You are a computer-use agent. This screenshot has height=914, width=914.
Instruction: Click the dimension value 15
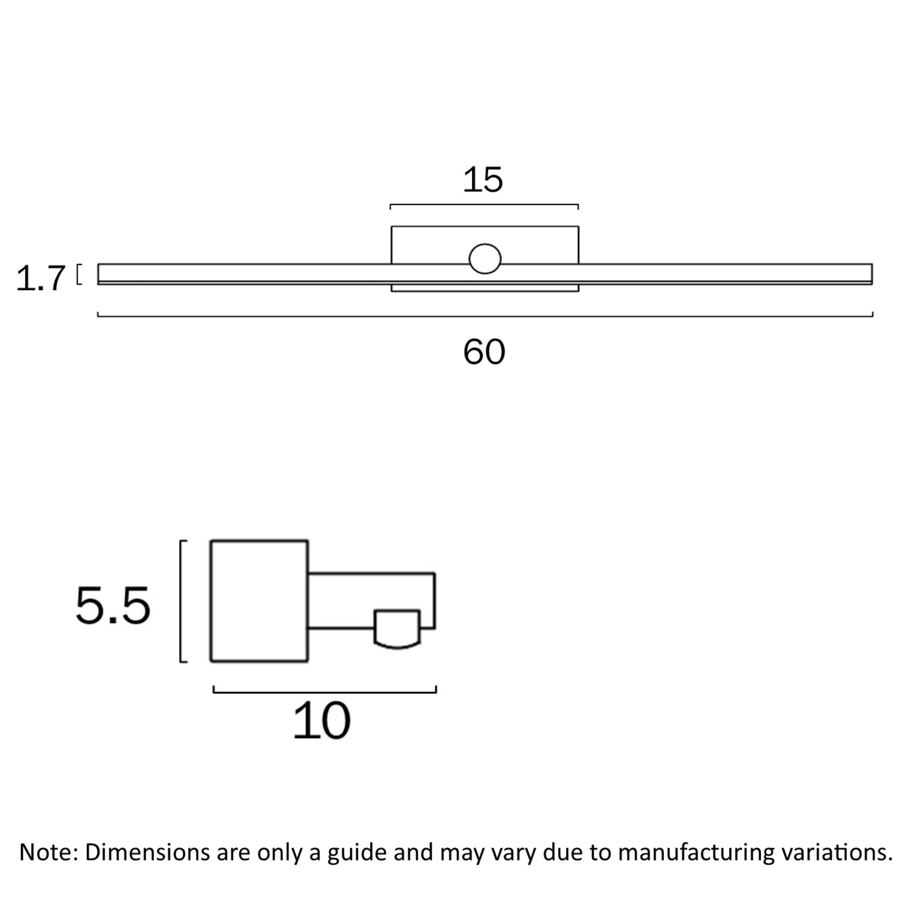[x=482, y=180]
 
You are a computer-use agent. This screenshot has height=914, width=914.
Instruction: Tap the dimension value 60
[x=484, y=352]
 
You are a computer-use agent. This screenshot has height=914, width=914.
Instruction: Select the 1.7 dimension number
[x=40, y=278]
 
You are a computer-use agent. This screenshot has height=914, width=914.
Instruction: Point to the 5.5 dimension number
[x=112, y=606]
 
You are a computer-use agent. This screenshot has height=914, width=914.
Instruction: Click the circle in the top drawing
[x=485, y=259]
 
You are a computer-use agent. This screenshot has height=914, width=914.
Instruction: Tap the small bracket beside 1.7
[x=79, y=274]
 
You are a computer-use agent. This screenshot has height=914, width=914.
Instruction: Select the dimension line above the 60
[x=485, y=316]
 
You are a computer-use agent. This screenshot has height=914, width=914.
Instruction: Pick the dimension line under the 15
[x=484, y=205]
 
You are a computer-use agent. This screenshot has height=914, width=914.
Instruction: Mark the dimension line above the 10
[x=324, y=692]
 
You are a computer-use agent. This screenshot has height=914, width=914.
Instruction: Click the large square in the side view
[x=259, y=601]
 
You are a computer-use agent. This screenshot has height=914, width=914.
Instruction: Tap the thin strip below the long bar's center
[x=485, y=288]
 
